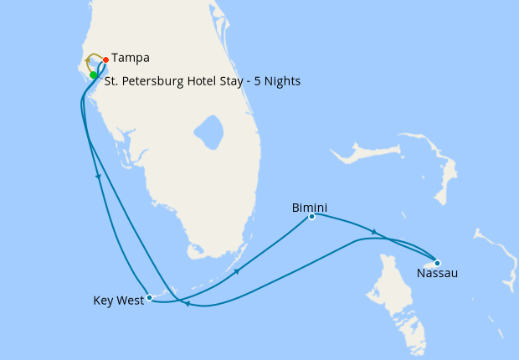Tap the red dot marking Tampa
[105, 59]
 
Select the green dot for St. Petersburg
[94, 75]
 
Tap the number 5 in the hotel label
[251, 81]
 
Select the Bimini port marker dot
[311, 217]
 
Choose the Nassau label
[436, 273]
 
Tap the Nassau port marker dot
[437, 263]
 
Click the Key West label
[116, 301]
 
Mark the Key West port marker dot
[149, 297]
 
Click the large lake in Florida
[208, 132]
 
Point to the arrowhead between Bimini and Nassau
[373, 232]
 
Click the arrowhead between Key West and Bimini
[237, 271]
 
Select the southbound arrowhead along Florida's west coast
[99, 177]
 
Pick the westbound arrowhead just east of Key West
[186, 304]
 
